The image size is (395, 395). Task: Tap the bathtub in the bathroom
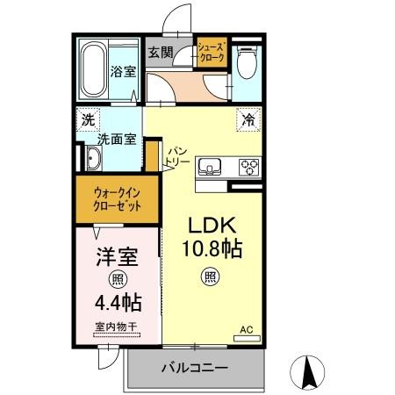93,69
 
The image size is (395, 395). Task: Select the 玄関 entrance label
159,52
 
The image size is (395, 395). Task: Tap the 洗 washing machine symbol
89,119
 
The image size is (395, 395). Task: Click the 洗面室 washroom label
114,139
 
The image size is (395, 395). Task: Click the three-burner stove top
248,166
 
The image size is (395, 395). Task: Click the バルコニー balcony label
193,368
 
